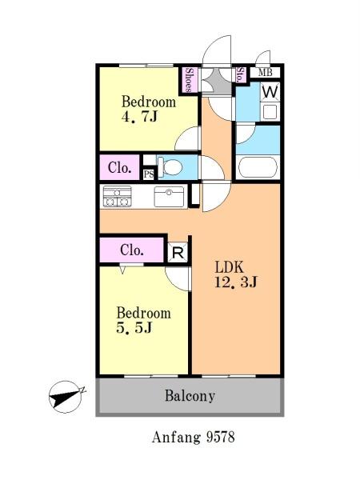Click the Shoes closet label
coord(190,80)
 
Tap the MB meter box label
coord(265,73)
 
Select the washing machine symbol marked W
coord(270,92)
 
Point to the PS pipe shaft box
coord(149,174)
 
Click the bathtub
coord(258,167)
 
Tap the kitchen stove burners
coord(118,197)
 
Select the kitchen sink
coord(170,197)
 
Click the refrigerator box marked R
coord(178,253)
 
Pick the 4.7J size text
coord(139,117)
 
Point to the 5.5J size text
coord(134,328)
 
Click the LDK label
coord(230,267)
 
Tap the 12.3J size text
coord(236,282)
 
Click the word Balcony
coord(190,396)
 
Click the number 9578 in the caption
coord(221,437)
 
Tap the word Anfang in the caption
coord(176,438)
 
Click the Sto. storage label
coord(240,75)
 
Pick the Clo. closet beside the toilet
coord(120,167)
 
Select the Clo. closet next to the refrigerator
coord(132,250)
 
